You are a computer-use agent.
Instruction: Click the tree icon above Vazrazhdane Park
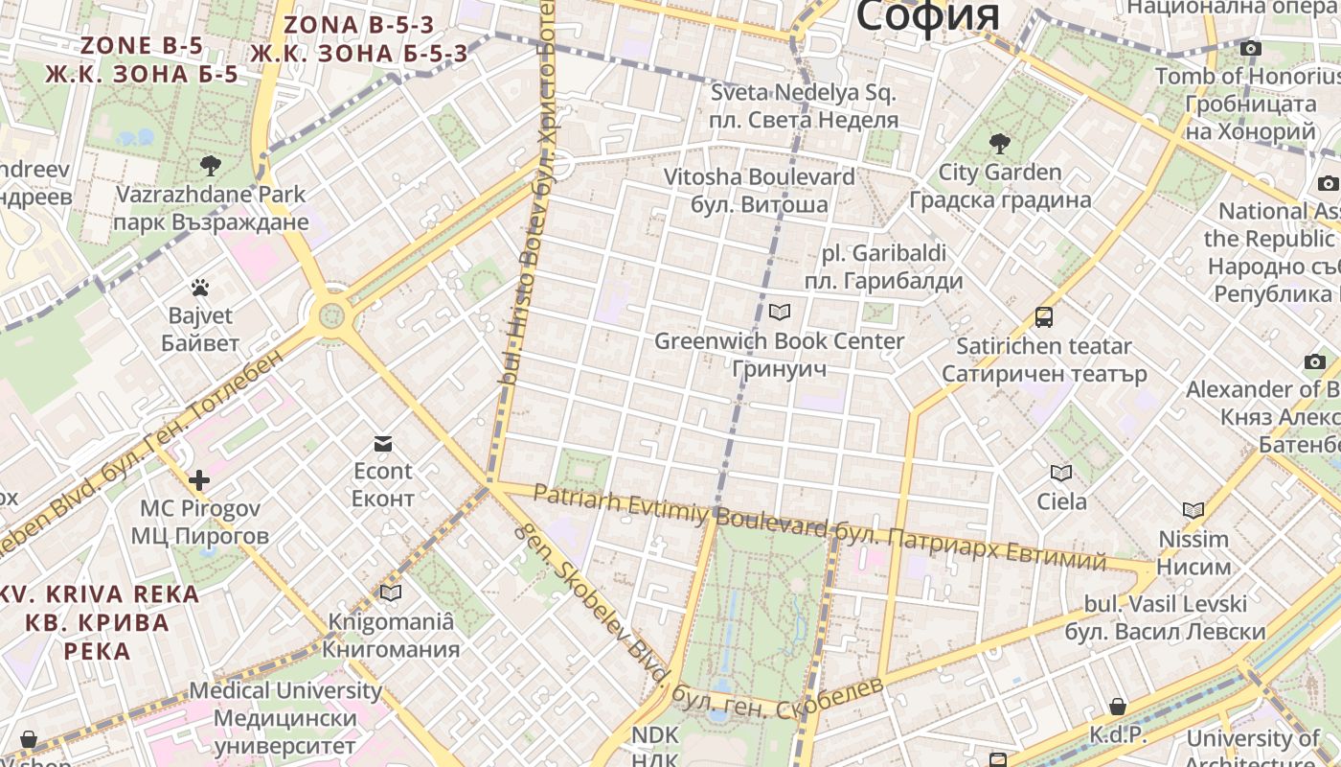point(211,165)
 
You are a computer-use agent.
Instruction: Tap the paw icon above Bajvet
point(200,287)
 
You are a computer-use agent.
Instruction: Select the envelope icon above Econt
point(383,443)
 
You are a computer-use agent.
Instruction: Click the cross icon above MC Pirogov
point(199,479)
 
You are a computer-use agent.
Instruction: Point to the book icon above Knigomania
point(390,593)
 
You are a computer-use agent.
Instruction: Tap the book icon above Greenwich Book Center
point(780,312)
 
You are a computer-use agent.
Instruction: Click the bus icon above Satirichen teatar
point(1043,316)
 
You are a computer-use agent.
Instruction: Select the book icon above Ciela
point(1061,473)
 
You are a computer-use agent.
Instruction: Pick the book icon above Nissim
point(1193,510)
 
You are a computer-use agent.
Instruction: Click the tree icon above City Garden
point(1000,144)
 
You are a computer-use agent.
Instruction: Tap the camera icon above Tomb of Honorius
point(1250,48)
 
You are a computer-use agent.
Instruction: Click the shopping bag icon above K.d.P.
point(1117,707)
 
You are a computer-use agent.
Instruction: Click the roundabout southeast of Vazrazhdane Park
point(332,314)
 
